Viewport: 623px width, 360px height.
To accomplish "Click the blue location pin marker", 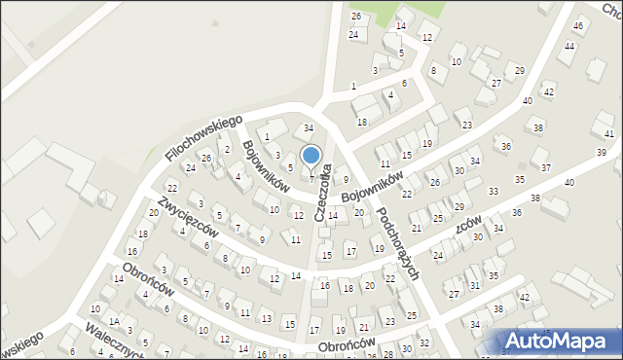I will pos(311,156).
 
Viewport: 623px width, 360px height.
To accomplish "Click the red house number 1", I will pos(266,137).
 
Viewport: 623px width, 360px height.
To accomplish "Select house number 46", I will pos(578,25).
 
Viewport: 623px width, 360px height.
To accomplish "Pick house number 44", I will pos(569,47).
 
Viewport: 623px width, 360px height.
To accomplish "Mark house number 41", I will pos(609,133).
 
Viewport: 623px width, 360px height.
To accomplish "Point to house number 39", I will pos(602,153).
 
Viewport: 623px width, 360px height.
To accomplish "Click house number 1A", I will pos(114,322).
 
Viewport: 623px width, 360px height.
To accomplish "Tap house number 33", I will pos(494,192).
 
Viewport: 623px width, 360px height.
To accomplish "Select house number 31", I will pos(475,285).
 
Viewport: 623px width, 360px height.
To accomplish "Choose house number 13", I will pos(266,318).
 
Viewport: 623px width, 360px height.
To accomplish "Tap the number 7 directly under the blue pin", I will pos(312,178).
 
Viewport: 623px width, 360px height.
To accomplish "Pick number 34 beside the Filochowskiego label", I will pos(309,128).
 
